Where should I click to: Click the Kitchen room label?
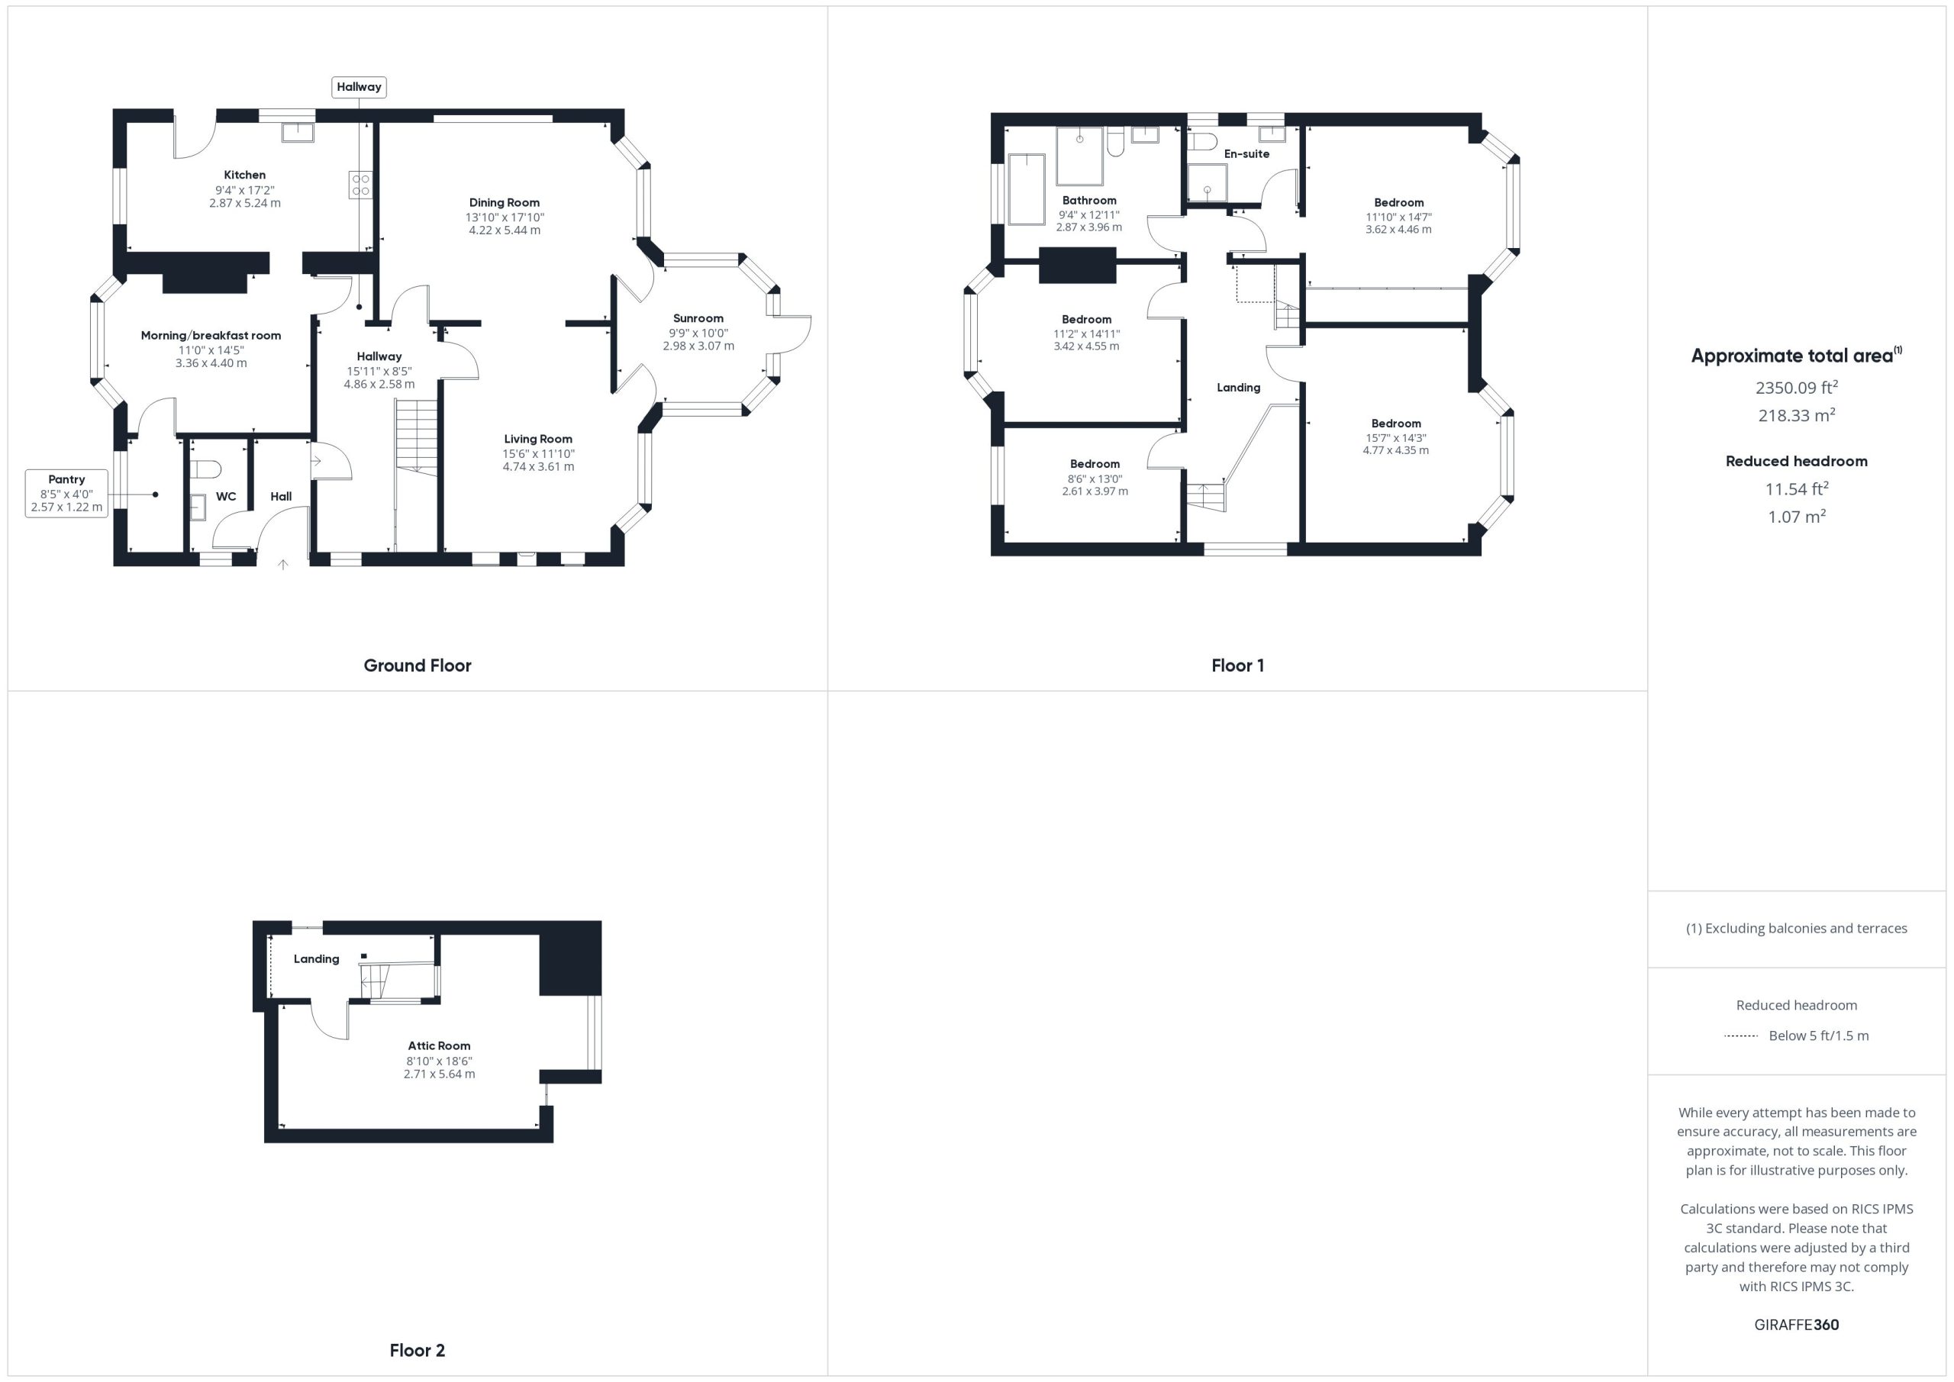click(244, 175)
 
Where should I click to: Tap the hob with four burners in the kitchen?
click(360, 185)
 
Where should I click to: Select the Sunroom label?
click(698, 318)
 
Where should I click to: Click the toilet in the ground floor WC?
click(206, 469)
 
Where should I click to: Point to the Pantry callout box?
click(66, 494)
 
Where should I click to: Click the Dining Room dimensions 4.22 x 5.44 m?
click(505, 230)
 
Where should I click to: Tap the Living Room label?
click(538, 439)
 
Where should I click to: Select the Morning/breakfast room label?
click(211, 335)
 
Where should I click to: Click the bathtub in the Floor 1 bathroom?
click(1027, 189)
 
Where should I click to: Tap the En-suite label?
click(1246, 154)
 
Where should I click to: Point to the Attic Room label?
click(439, 1046)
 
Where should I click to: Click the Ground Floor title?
click(417, 665)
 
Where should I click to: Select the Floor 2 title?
click(417, 1350)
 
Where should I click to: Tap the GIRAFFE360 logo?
click(1797, 1324)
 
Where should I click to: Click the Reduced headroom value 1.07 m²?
click(1797, 516)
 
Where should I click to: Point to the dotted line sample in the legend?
click(1740, 1036)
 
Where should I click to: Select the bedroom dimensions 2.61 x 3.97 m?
click(1095, 491)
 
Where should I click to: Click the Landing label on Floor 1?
click(1238, 387)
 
